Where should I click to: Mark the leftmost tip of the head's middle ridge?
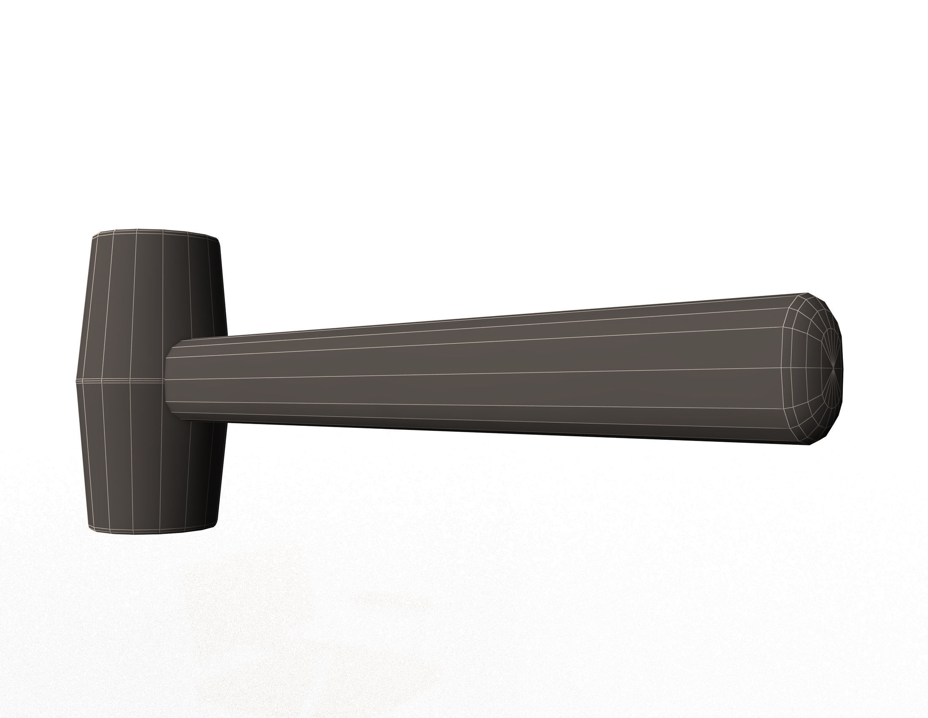[x=76, y=380]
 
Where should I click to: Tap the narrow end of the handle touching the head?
[x=167, y=378]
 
